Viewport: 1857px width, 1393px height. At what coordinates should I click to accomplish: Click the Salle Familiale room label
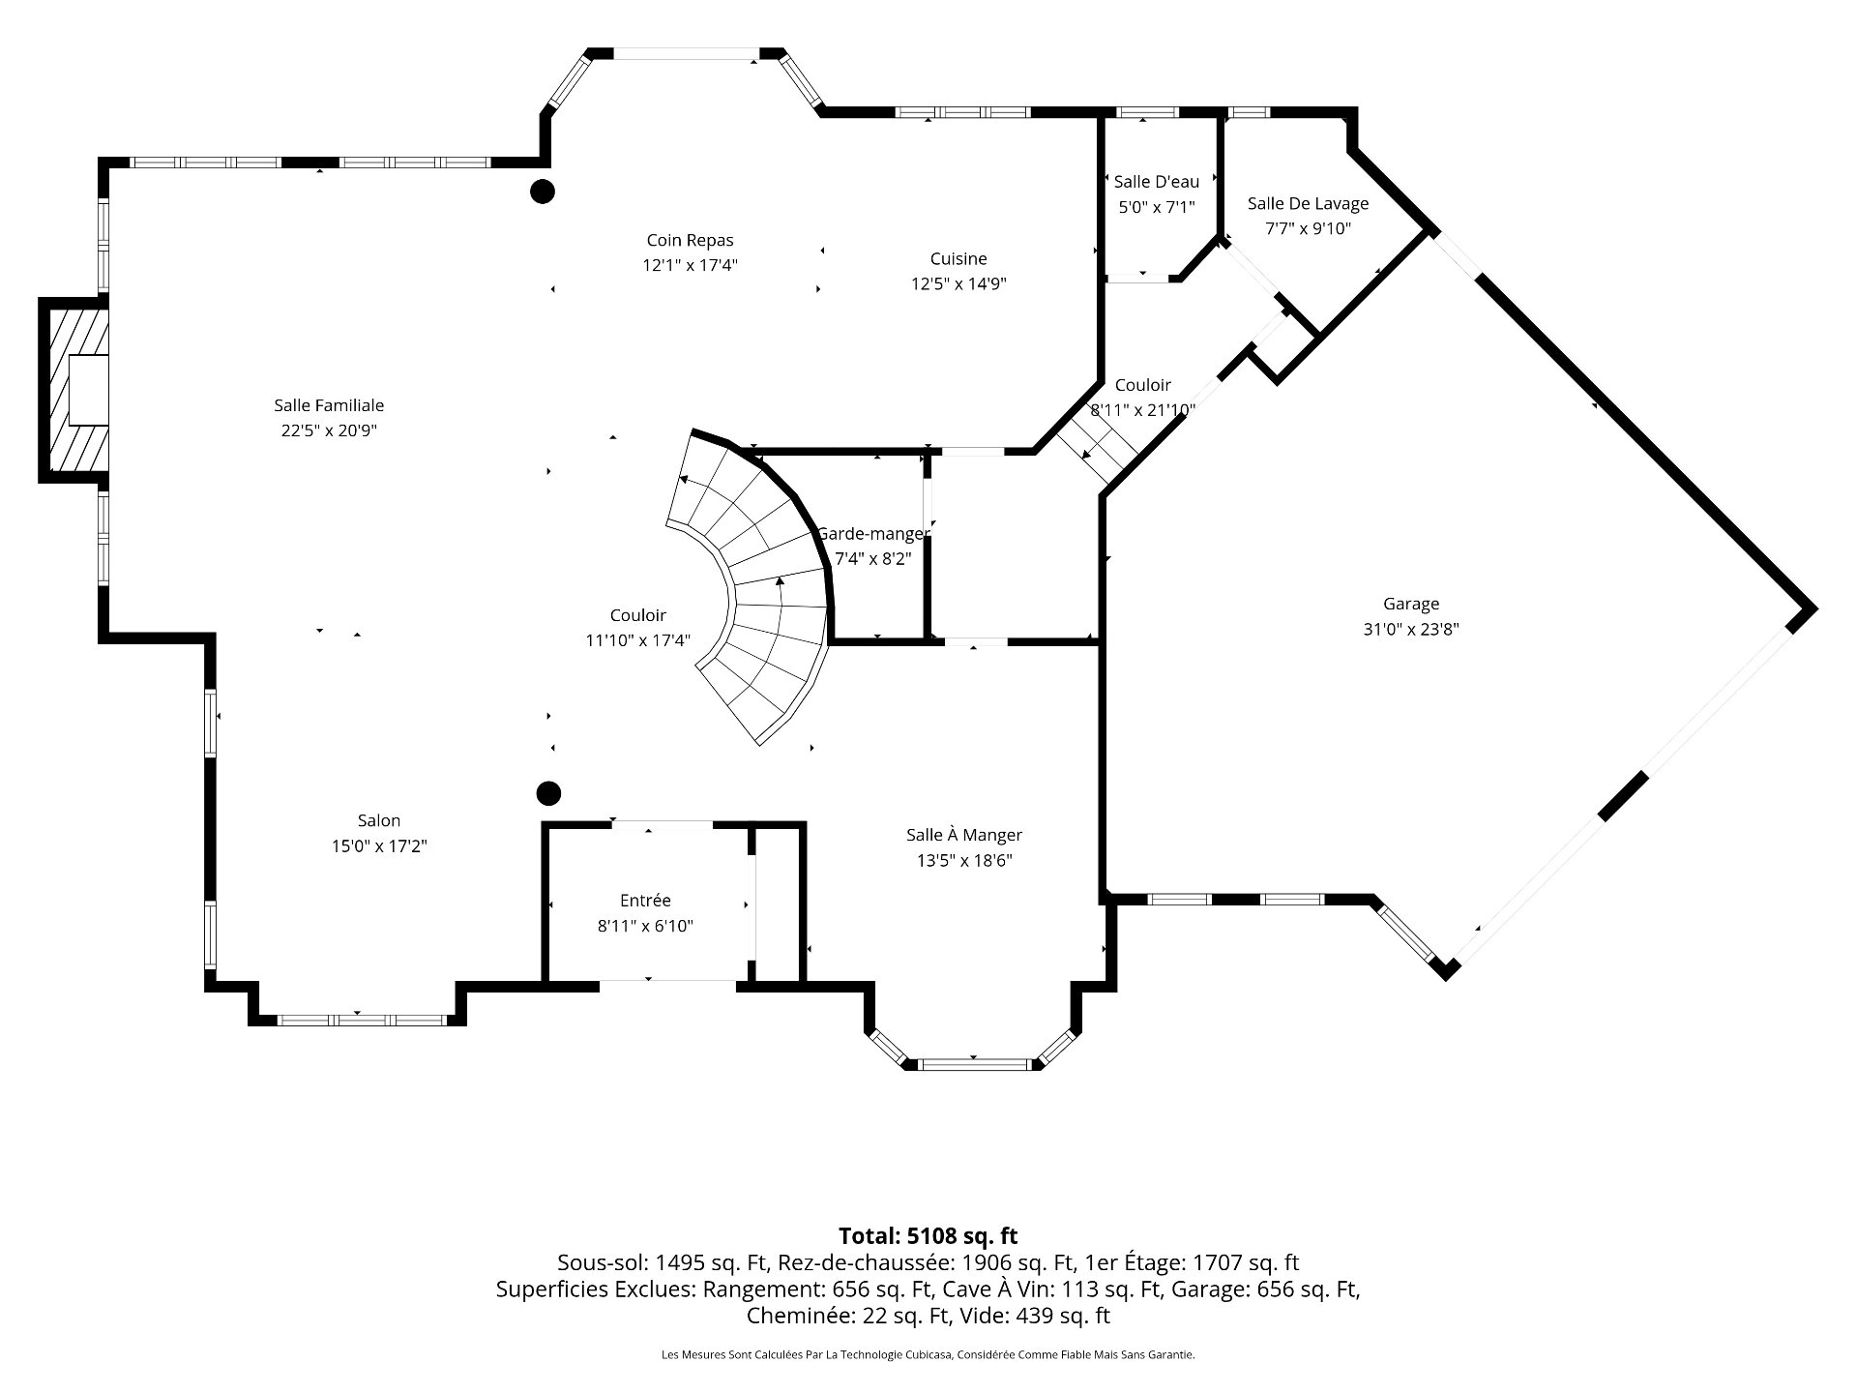click(x=329, y=405)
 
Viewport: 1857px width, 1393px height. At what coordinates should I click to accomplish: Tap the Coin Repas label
click(x=690, y=240)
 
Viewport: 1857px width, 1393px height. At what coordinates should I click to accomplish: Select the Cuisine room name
click(x=958, y=258)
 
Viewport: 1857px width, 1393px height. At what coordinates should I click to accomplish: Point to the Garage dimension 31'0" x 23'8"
click(x=1411, y=629)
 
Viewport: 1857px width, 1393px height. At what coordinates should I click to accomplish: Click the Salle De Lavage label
click(x=1308, y=203)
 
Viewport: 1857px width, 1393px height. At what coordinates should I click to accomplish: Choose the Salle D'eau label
click(x=1157, y=181)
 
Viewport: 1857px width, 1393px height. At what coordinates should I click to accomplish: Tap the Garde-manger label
click(x=873, y=533)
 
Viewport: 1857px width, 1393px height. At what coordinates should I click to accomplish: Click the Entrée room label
click(x=645, y=901)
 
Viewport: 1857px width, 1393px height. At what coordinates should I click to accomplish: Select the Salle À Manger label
click(x=964, y=835)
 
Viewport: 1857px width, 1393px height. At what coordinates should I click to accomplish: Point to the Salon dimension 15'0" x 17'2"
click(x=379, y=846)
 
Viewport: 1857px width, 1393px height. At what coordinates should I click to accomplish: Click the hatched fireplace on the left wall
click(x=74, y=390)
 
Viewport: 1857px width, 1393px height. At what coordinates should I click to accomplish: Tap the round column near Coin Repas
click(x=543, y=192)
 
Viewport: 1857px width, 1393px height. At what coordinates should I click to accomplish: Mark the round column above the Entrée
click(x=548, y=793)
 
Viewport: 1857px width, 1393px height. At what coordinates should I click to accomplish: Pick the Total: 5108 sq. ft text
click(x=928, y=1235)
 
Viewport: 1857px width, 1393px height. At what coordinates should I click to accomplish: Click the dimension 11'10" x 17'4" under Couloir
click(x=637, y=640)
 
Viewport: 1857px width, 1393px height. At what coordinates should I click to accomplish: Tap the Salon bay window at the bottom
click(x=362, y=1020)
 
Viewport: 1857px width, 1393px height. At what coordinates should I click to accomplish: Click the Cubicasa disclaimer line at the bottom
click(x=928, y=1355)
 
